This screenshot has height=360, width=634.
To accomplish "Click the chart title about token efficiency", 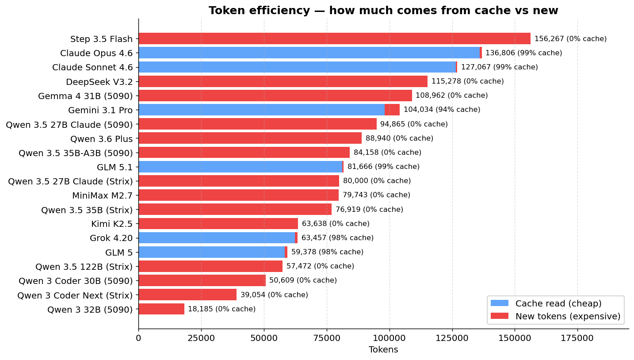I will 383,11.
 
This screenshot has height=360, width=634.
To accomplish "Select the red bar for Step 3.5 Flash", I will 334,39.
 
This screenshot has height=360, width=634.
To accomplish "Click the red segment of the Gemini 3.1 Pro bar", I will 392,110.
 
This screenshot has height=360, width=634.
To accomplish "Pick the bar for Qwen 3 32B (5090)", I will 161,309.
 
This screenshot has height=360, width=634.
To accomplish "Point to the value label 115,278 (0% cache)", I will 467,81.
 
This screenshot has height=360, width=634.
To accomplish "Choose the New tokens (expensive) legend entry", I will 555,316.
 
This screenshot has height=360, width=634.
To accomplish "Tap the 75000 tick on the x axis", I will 327,338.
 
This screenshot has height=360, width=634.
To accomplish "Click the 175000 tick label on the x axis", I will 577,338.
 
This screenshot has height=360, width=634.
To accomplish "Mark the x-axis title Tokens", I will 383,350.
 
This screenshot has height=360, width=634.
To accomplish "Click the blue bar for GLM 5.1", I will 240,167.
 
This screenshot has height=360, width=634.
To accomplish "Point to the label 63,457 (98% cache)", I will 337,238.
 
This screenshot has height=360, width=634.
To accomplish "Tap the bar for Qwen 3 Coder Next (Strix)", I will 187,295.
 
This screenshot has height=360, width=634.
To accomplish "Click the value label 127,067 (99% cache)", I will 499,67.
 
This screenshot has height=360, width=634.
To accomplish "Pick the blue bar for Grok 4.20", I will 217,238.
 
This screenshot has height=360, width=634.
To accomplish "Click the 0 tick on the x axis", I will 138,338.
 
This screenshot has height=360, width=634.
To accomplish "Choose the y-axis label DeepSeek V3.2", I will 99,82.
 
